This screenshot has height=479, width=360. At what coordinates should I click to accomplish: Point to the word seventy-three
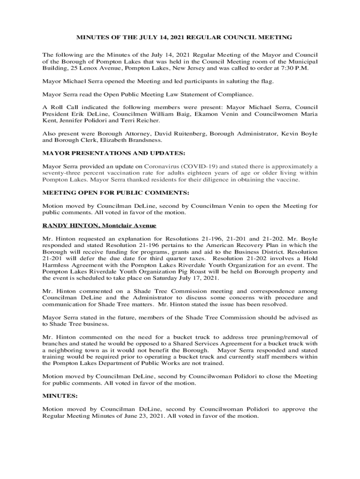click(61, 173)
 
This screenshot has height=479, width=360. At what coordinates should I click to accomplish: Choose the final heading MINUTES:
click(60, 396)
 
